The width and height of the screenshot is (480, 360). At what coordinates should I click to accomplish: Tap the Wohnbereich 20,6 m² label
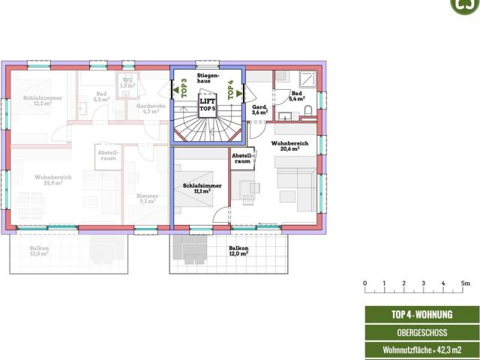285,145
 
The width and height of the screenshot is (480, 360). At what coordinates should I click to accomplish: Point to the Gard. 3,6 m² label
260,109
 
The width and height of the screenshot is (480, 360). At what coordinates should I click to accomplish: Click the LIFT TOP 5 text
208,105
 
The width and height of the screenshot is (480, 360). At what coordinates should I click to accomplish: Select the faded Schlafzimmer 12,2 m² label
42,100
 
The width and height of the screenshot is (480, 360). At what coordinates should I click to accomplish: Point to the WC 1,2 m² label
127,83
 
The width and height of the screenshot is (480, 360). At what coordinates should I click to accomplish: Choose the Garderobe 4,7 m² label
150,109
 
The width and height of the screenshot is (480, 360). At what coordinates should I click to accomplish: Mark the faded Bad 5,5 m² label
101,97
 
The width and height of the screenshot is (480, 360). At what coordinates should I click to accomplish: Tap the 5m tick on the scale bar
465,283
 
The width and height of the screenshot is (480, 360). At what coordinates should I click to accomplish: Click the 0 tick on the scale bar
365,283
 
